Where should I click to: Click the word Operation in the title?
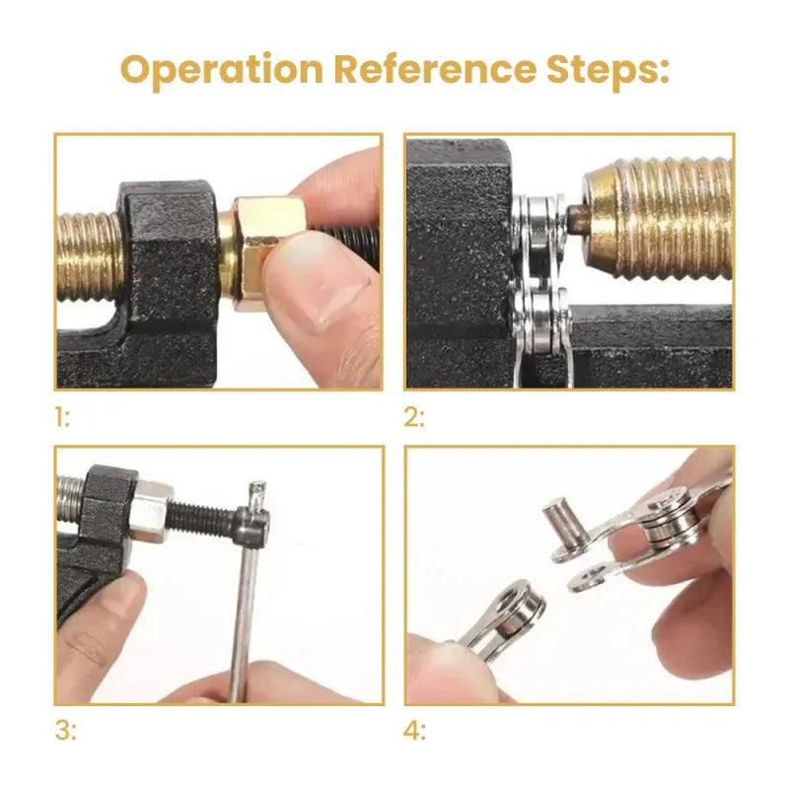click(x=222, y=70)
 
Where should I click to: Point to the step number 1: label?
click(x=63, y=417)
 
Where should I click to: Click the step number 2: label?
click(x=415, y=417)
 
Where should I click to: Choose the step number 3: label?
click(x=64, y=731)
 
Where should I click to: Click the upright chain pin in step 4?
click(x=557, y=521)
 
